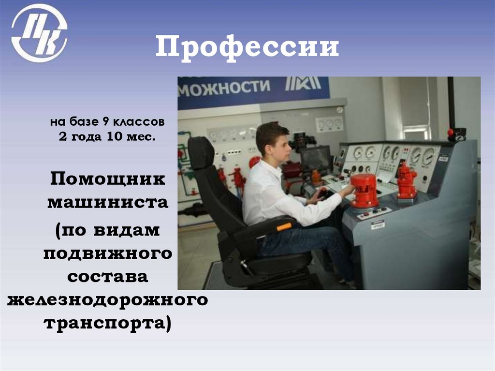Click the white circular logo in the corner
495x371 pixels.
click(39, 33)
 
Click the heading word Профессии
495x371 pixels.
click(247, 48)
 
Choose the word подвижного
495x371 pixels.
click(108, 252)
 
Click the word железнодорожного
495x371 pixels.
click(108, 300)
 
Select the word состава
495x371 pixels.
click(108, 277)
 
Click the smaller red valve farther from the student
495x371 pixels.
click(406, 181)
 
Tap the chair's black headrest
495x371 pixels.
click(201, 152)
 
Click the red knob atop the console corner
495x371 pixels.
click(450, 131)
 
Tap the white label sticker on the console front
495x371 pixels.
click(378, 224)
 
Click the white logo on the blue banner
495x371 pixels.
click(303, 84)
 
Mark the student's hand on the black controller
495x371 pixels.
click(323, 195)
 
